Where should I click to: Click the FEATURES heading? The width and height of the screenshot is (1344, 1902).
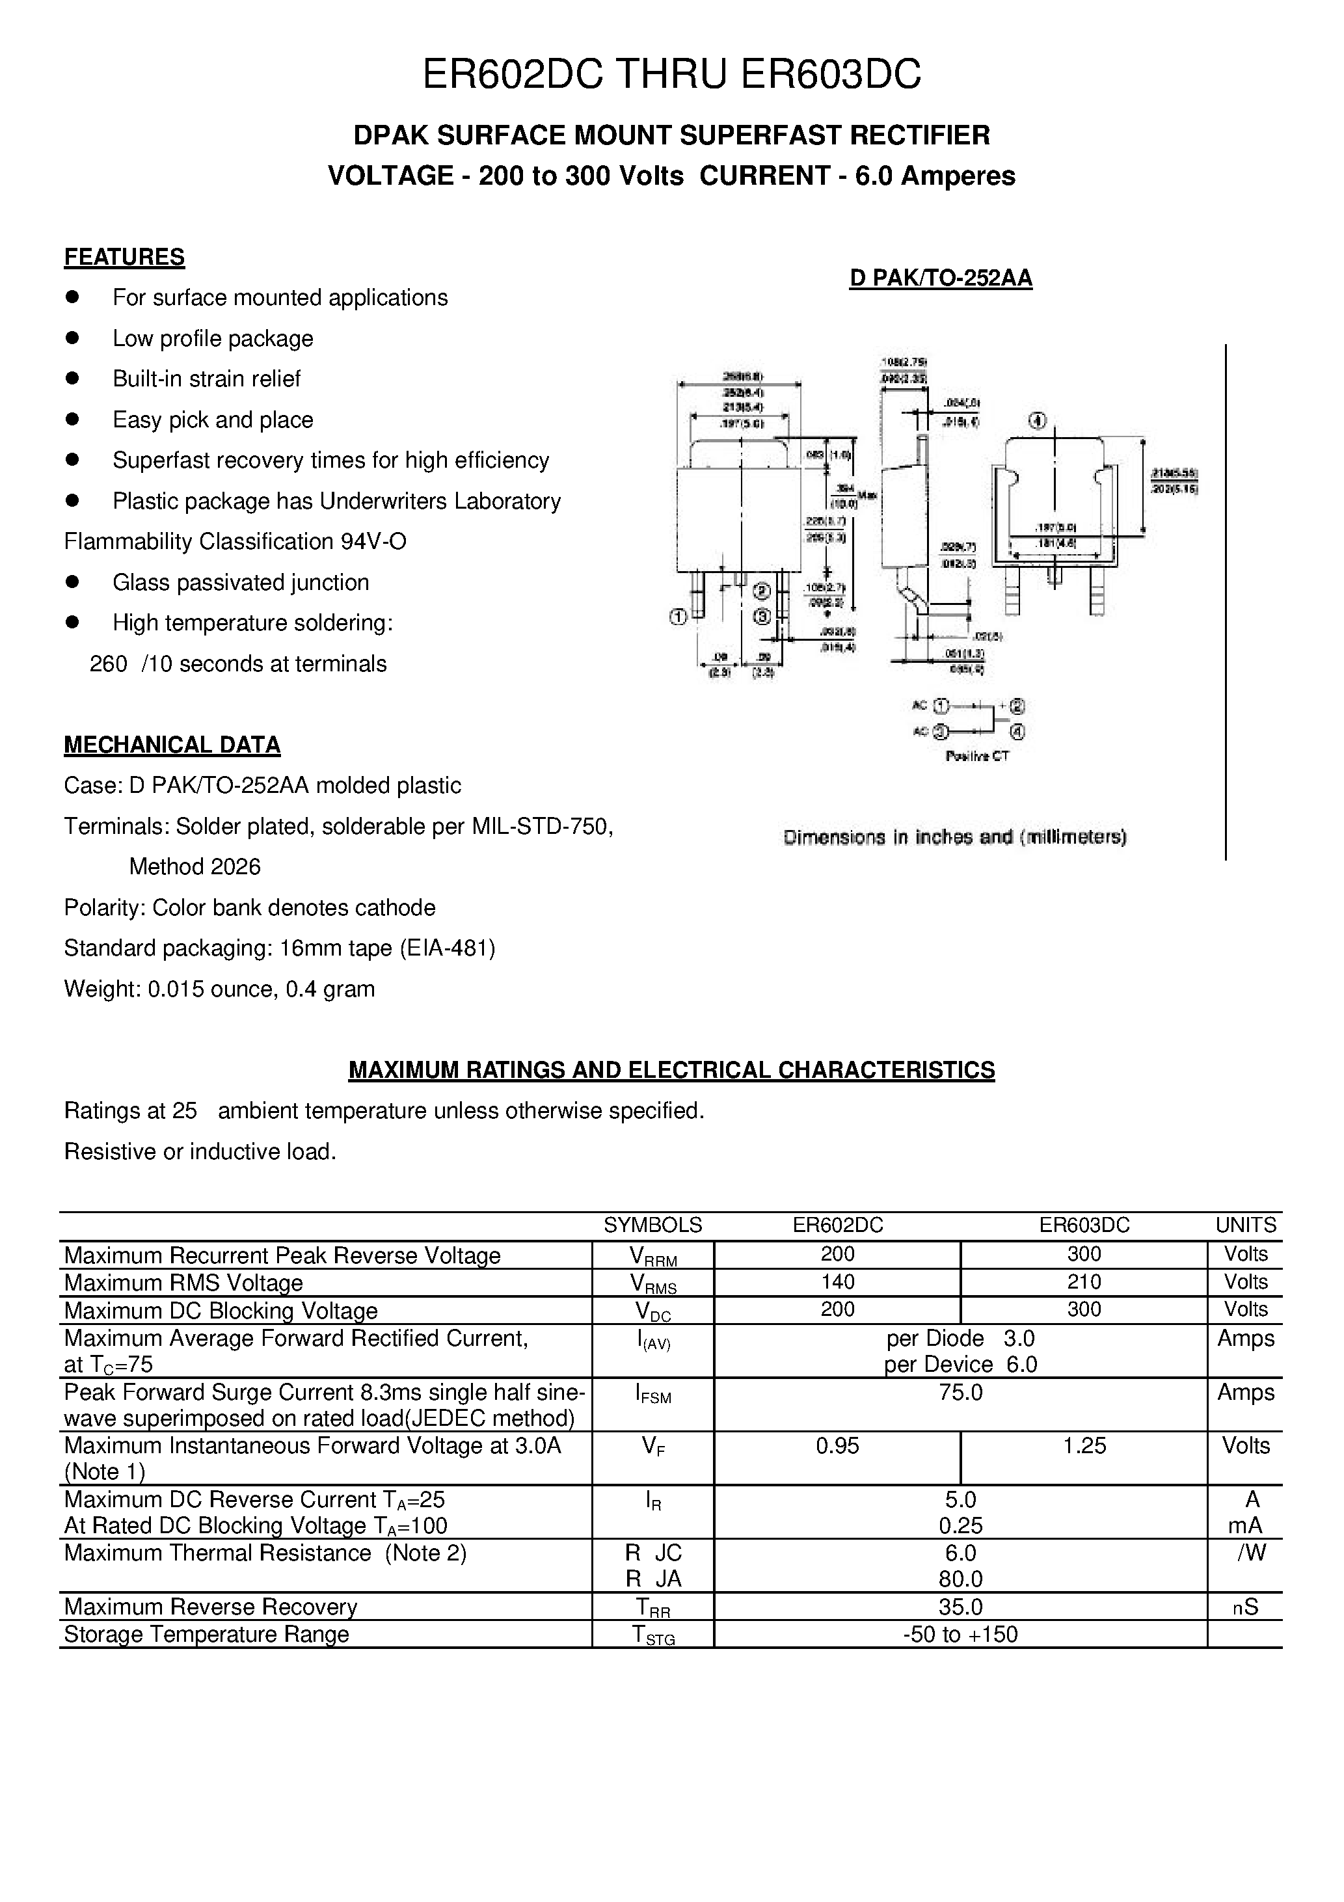coord(124,257)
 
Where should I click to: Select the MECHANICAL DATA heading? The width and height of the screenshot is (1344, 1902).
coord(172,745)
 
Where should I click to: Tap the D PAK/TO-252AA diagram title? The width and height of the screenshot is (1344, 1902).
coord(941,278)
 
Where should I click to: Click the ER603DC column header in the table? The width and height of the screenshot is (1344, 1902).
coord(1084,1226)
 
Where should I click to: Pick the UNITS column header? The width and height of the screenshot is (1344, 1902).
coord(1245,1226)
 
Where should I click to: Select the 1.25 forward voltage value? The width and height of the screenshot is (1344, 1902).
coord(1084,1445)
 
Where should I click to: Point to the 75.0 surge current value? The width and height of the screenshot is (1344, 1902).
coord(960,1392)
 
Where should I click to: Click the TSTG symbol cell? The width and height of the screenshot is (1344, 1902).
coord(653,1635)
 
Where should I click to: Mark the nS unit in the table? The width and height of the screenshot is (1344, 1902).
coord(1245,1607)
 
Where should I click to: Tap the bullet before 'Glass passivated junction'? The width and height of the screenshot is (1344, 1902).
coord(72,582)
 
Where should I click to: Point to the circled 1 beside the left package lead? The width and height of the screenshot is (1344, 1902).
coord(678,616)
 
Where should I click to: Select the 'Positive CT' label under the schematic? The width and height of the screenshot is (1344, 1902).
coord(977,755)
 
